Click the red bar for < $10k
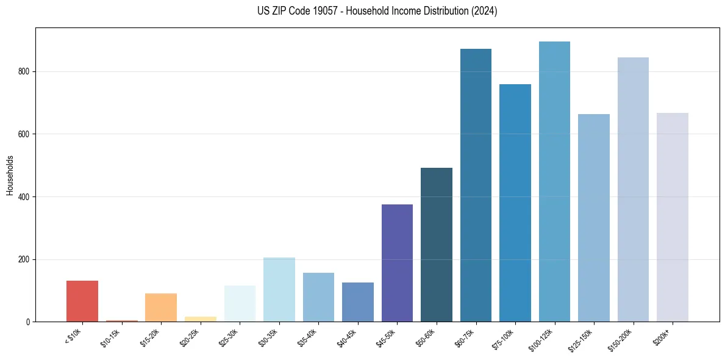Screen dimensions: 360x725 click(82, 301)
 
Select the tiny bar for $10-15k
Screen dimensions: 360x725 click(121, 320)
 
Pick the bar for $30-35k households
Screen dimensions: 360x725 click(279, 289)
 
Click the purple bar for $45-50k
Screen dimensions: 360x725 click(397, 263)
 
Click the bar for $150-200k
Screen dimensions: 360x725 click(633, 189)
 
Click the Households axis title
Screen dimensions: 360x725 click(10, 175)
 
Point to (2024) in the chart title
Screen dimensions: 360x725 click(485, 11)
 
